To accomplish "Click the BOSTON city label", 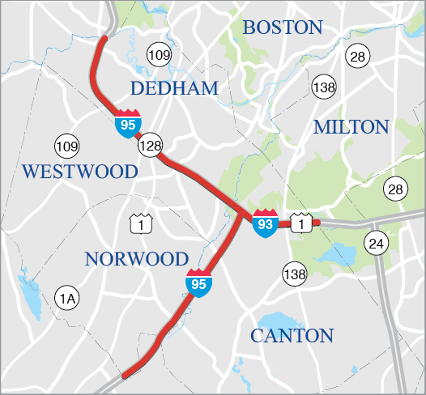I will [x=283, y=27].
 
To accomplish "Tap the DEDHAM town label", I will [x=175, y=87].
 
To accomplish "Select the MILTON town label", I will [x=351, y=127].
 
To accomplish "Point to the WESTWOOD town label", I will [x=80, y=172].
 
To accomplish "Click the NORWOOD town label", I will [x=137, y=259].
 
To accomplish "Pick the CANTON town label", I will [x=292, y=335].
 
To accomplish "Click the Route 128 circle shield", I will [x=151, y=147].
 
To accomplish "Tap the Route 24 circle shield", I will [x=376, y=242].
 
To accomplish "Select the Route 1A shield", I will [x=68, y=299].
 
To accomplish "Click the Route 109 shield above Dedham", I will [x=160, y=55].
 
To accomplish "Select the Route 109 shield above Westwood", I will [x=67, y=147].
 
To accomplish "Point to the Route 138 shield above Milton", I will [x=324, y=87].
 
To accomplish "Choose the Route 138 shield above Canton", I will [x=295, y=274].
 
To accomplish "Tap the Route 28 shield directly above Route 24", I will [x=395, y=189].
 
